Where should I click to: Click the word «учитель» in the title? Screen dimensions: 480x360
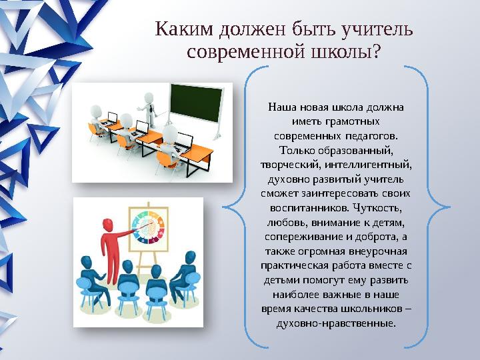[377, 30]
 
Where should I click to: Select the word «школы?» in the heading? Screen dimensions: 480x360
[345, 52]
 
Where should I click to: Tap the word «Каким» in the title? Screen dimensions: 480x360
[184, 29]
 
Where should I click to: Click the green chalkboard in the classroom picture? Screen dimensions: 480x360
[196, 103]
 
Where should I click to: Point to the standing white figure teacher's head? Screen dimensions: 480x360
[149, 97]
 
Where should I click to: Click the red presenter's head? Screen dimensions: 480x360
[107, 225]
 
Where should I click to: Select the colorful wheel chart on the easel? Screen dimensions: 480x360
[149, 228]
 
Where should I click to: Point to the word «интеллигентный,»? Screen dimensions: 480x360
[368, 165]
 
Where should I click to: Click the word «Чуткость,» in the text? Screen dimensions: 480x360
[377, 208]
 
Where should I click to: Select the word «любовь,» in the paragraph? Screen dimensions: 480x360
[287, 223]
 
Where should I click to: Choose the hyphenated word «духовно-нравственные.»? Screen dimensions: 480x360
[336, 323]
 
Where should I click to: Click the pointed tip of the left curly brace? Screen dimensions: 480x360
[223, 207]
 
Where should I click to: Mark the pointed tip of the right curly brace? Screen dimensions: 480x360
[450, 207]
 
